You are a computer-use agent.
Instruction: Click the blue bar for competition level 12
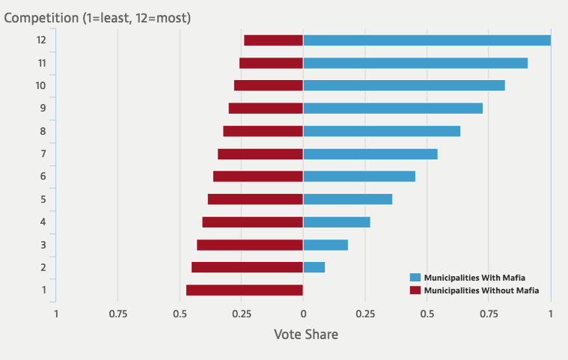coord(427,40)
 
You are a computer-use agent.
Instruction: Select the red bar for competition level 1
coord(245,290)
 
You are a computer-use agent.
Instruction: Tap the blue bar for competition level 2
coord(314,267)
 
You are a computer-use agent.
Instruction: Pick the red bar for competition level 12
coord(273,40)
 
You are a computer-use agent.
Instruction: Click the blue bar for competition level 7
coord(370,154)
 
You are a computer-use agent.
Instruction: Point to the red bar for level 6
coord(258,177)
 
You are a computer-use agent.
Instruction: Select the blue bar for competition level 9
coord(393,109)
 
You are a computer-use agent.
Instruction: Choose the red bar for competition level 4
coord(253,222)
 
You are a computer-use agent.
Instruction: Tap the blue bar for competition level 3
coord(326,245)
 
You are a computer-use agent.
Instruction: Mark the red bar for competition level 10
coord(269,85)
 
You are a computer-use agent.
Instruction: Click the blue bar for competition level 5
coord(348,199)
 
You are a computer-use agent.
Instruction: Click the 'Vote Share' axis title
coord(305,335)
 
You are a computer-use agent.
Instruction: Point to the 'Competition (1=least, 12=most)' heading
coord(97,17)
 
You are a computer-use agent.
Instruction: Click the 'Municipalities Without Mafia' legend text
coord(481,290)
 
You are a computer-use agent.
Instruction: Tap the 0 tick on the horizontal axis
coord(303,314)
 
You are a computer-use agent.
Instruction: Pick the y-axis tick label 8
coord(43,132)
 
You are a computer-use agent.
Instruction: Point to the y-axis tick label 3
coord(43,245)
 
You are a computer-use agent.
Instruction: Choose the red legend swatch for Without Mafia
coord(415,290)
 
